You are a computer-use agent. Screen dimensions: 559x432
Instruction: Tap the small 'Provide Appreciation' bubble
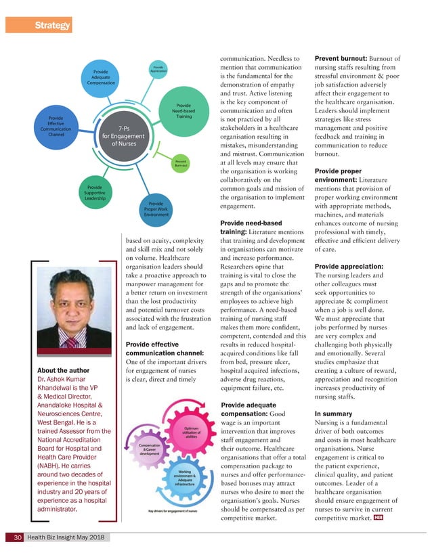click(x=156, y=69)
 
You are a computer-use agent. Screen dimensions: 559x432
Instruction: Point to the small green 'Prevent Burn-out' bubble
click(x=181, y=162)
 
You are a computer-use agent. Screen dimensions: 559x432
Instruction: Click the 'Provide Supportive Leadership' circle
click(x=95, y=192)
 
